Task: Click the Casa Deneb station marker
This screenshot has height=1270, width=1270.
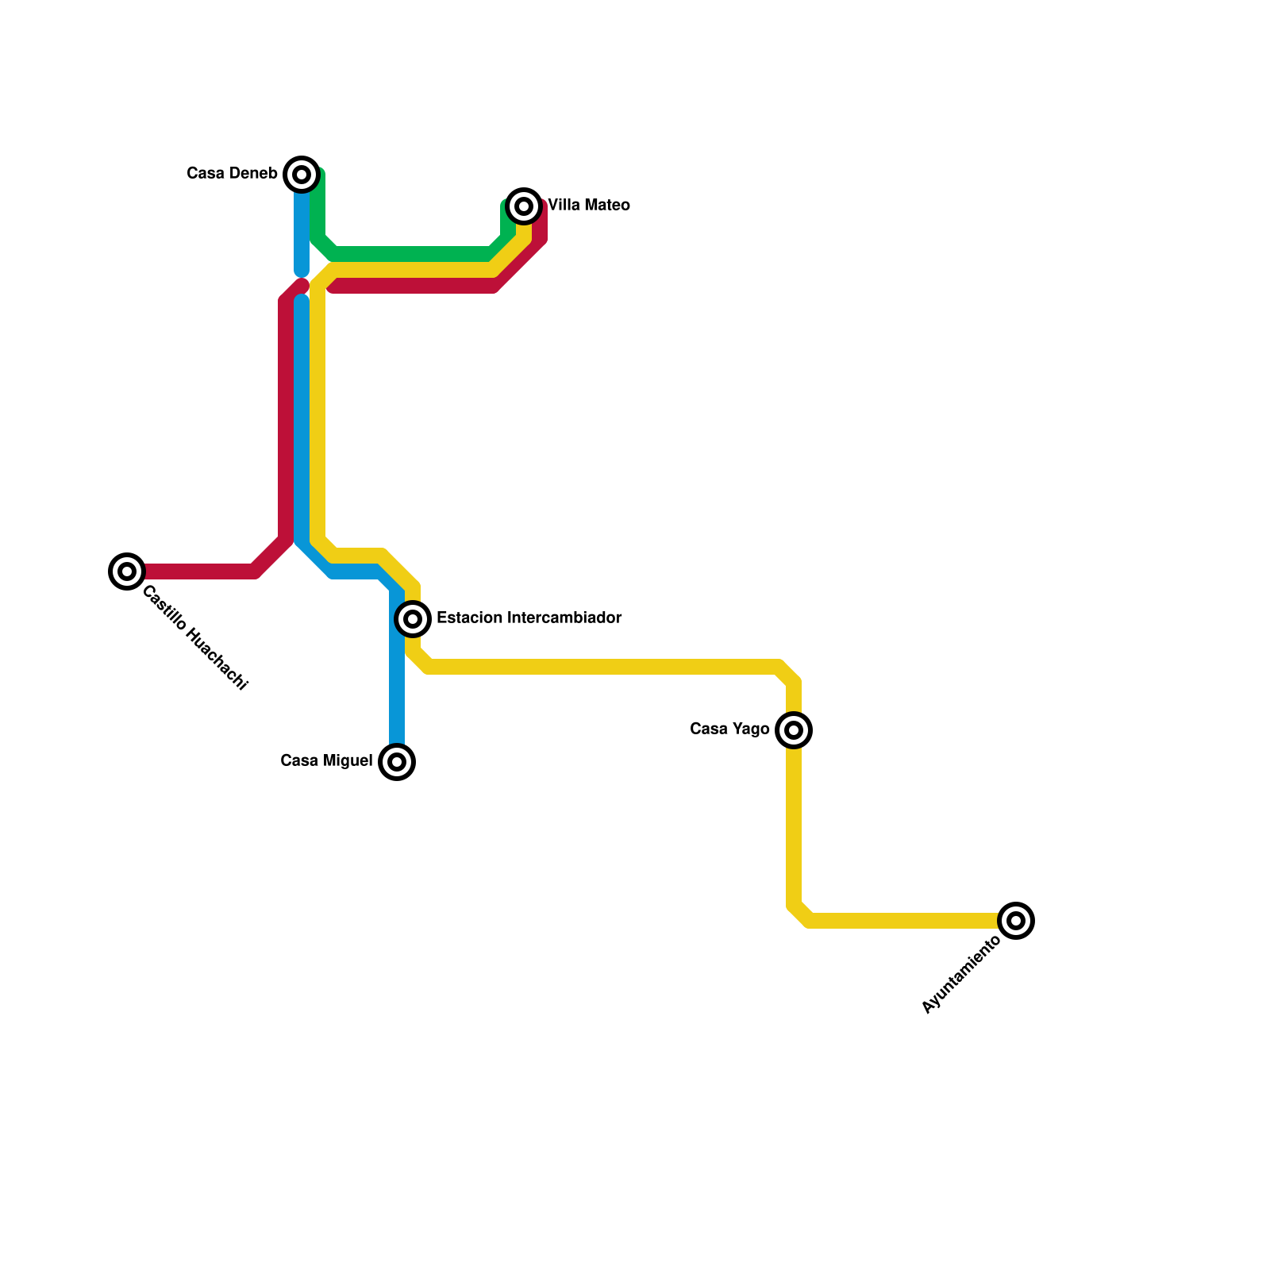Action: pos(302,175)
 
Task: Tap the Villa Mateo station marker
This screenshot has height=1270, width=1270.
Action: pos(524,206)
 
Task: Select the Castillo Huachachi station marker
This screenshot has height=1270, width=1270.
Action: pos(127,571)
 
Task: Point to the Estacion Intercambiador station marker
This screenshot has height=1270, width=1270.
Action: pos(413,618)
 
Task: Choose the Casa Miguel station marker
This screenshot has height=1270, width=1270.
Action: pos(398,762)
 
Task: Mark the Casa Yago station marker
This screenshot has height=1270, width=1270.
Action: pos(794,730)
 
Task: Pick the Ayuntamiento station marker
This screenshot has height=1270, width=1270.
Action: pos(1016,921)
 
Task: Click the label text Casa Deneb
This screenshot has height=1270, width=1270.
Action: pos(232,173)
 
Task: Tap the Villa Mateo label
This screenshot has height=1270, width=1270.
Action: pos(589,206)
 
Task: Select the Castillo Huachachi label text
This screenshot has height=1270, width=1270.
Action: pos(195,638)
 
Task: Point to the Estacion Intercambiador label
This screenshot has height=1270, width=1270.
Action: pos(529,618)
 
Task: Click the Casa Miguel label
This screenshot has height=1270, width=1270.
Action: pos(326,761)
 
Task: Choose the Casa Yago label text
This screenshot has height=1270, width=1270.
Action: pos(729,729)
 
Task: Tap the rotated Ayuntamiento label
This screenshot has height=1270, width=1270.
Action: pos(962,975)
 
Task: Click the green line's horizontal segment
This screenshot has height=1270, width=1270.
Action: pos(413,254)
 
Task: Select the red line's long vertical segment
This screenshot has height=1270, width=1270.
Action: pos(286,421)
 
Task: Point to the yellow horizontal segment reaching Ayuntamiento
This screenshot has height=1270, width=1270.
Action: pos(905,921)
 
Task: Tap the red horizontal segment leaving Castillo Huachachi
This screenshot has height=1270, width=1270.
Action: pos(198,571)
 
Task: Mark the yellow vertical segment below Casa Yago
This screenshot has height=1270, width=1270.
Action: pos(794,825)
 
